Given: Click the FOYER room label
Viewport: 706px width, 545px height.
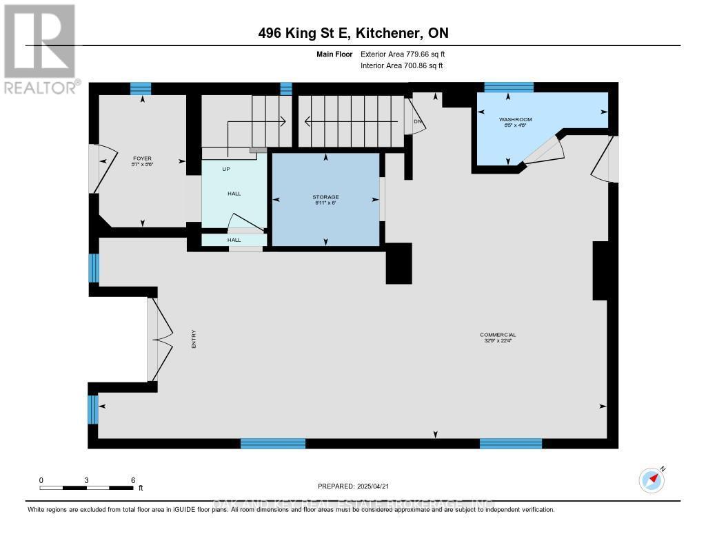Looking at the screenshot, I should point(142,158).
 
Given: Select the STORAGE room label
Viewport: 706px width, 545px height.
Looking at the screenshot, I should point(325,197).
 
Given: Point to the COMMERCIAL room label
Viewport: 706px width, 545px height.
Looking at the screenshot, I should point(498,335).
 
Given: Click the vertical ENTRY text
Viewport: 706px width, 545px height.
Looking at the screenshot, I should point(194,338).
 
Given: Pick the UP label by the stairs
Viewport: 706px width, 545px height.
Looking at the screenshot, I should point(225,169).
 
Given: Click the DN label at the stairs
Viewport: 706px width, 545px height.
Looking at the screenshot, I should point(417,121).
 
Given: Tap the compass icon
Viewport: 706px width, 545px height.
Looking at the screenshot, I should point(652,480).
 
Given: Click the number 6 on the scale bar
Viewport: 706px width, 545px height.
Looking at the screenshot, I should point(132,480).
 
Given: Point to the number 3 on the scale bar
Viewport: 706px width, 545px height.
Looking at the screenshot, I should point(87,480).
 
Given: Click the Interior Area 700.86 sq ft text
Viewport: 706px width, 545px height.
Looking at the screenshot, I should point(401,65).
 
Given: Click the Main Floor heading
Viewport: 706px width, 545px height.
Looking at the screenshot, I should point(335,54).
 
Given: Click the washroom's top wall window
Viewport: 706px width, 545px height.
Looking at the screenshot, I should point(509,87).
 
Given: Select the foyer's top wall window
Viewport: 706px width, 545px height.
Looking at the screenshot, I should point(141,88).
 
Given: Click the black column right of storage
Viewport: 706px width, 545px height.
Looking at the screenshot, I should point(399,263).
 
